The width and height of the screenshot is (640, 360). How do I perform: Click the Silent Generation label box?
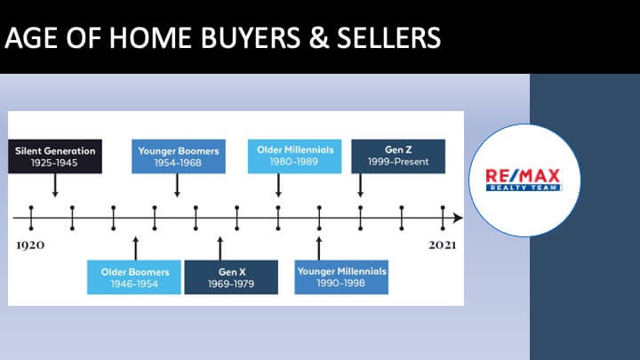55,156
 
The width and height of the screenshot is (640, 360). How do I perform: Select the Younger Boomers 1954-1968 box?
179,156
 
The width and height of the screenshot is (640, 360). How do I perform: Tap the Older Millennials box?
295,156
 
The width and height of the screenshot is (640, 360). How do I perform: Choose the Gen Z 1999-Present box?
398,156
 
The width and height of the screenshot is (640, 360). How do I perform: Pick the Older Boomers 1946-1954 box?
134,277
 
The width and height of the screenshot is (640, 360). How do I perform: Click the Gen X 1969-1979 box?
231,277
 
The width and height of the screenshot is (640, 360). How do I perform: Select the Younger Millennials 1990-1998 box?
341,277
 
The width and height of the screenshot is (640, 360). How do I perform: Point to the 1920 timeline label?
30,245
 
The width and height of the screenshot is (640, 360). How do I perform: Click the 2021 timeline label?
443,245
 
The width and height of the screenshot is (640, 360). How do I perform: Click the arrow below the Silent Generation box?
55,186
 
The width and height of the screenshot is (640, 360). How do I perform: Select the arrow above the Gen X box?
220,248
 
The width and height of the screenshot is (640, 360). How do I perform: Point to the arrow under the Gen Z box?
360,186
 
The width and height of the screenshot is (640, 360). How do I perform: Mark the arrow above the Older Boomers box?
136,248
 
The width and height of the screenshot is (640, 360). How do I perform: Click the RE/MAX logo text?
523,176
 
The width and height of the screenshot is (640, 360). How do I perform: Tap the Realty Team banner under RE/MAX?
524,188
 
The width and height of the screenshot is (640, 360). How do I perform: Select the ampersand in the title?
319,38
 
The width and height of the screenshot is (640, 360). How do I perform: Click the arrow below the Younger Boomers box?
177,186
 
